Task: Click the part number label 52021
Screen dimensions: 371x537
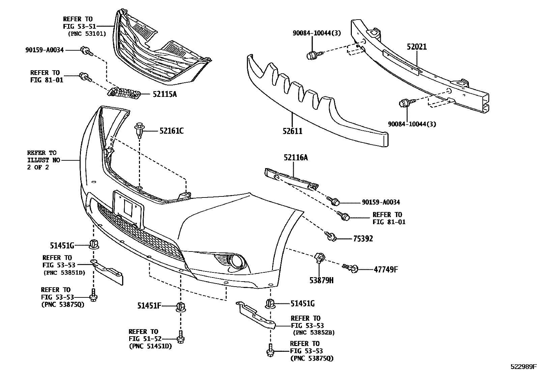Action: coord(417,47)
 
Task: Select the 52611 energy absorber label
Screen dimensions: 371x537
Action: coord(292,131)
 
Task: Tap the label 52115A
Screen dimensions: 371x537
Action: coord(165,95)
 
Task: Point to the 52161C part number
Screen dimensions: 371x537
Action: coord(171,131)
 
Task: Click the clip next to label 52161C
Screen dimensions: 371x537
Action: coord(140,130)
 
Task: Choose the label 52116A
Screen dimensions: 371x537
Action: coord(295,157)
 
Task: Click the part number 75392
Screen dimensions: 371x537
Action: coord(363,239)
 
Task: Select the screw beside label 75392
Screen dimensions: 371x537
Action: coord(331,236)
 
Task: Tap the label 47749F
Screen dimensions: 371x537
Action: coord(386,269)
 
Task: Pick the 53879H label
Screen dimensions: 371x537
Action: coord(322,280)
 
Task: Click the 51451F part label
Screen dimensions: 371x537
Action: coord(149,306)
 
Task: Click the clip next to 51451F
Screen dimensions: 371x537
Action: coord(181,307)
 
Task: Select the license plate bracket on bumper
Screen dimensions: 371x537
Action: coord(129,209)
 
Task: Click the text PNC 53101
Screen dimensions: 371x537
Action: coord(87,34)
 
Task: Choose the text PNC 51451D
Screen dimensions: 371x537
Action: coord(150,346)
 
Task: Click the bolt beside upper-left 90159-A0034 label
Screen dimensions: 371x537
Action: coord(86,51)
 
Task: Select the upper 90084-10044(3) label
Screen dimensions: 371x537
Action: coord(316,33)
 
